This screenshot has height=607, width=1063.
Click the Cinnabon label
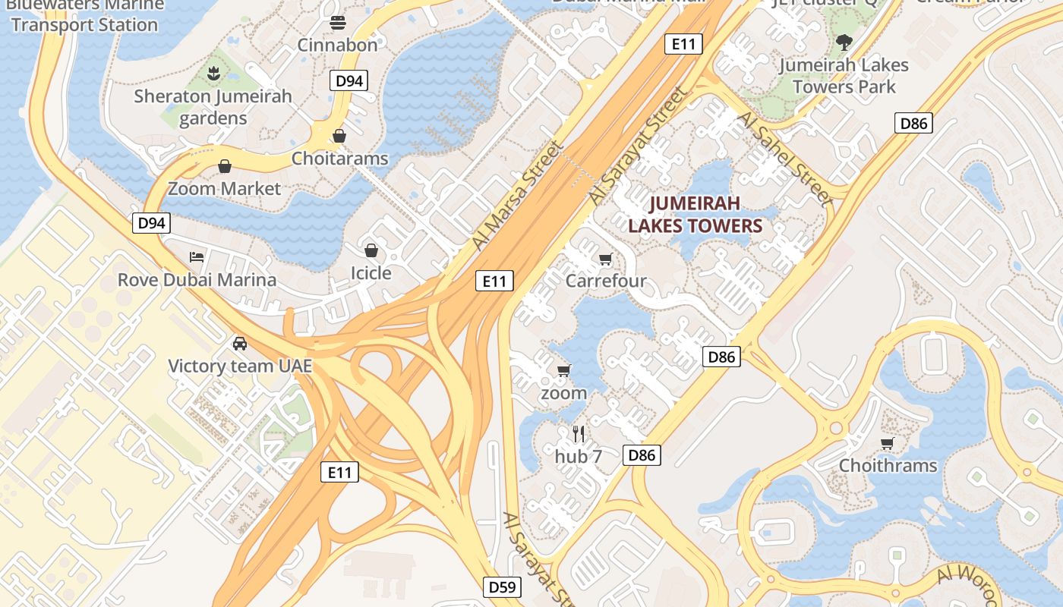337,45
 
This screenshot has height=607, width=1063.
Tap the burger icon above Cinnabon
338,23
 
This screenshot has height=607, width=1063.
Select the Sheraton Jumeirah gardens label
213,107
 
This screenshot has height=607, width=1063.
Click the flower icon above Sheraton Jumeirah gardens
213,74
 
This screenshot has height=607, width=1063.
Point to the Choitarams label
340,159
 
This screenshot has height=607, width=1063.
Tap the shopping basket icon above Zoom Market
225,166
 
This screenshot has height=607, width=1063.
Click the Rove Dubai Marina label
197,279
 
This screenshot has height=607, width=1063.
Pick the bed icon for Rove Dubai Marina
197,256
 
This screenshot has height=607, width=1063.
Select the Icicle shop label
371,273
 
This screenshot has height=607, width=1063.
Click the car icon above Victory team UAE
240,343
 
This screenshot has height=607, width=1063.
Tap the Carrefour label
606,281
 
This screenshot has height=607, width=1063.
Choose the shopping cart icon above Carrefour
605,259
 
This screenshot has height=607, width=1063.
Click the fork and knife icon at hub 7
579,434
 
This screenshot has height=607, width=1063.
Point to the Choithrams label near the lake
888,465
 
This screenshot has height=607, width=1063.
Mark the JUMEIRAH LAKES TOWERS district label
695,215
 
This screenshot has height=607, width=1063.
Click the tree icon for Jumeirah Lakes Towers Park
843,42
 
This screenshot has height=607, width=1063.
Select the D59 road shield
503,587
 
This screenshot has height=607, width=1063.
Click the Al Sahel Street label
785,159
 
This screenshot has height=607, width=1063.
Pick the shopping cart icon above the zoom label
563,371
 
